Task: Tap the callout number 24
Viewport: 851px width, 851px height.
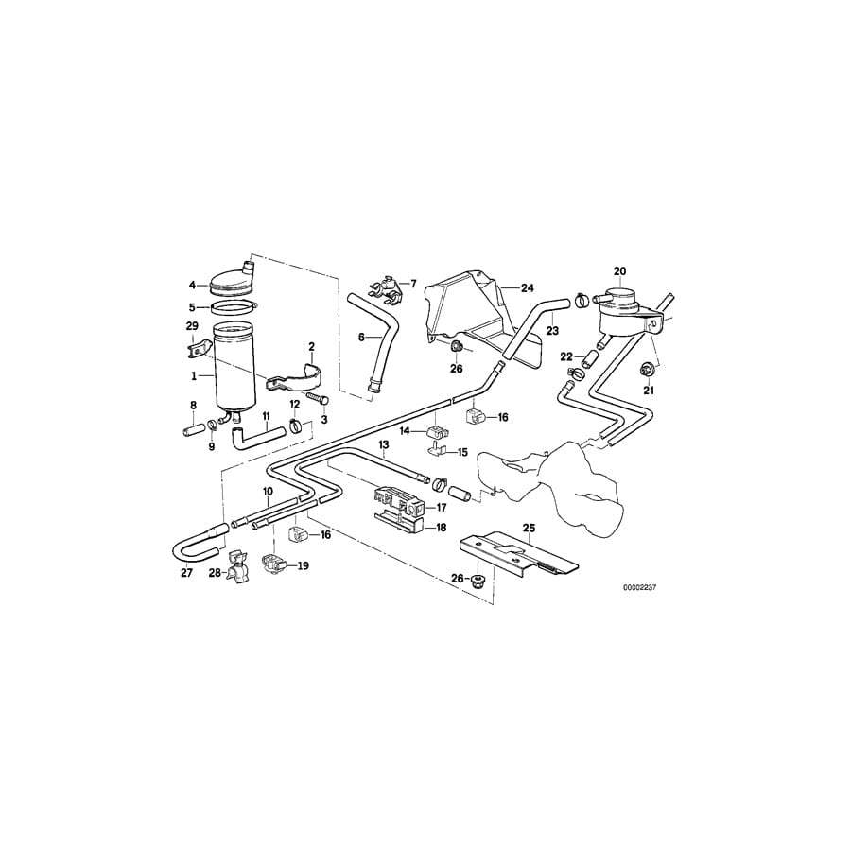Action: pyautogui.click(x=527, y=287)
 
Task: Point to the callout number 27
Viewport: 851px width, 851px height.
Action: pyautogui.click(x=186, y=573)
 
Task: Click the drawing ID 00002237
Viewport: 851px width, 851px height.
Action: pyautogui.click(x=640, y=586)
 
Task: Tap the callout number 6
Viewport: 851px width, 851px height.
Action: pyautogui.click(x=361, y=337)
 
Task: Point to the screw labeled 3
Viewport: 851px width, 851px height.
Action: pyautogui.click(x=314, y=401)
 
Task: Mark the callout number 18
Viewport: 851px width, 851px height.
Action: pyautogui.click(x=442, y=529)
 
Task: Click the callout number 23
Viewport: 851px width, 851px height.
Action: pyautogui.click(x=552, y=331)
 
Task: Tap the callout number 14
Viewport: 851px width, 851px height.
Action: pyautogui.click(x=405, y=431)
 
